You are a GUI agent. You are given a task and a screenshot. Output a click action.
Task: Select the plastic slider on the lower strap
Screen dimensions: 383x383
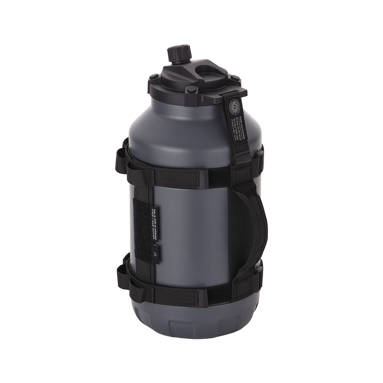click(203, 297)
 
